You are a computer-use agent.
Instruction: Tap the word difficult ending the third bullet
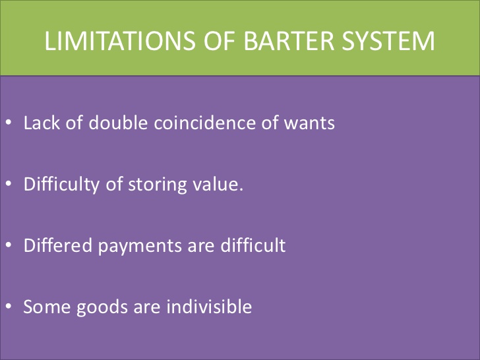coord(255,245)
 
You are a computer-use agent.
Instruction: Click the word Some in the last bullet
coord(44,307)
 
